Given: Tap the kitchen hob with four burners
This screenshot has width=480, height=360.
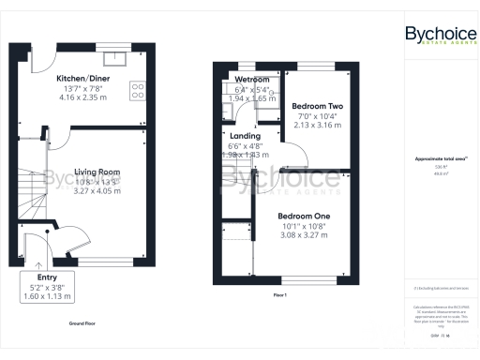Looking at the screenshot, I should tap(137, 91).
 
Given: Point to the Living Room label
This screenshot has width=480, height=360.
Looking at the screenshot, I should tap(97, 172).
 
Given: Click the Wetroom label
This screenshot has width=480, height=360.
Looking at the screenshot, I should tap(251, 80).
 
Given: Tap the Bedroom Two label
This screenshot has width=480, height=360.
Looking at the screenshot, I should tap(317, 107).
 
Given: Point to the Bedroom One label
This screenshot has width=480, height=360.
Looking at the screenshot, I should tap(306, 217).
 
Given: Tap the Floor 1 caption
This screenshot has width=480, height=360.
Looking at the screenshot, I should tap(279, 295).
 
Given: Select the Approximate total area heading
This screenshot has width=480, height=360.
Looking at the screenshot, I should tap(437, 158).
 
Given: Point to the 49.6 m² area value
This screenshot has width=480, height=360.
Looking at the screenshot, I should tap(437, 173).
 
